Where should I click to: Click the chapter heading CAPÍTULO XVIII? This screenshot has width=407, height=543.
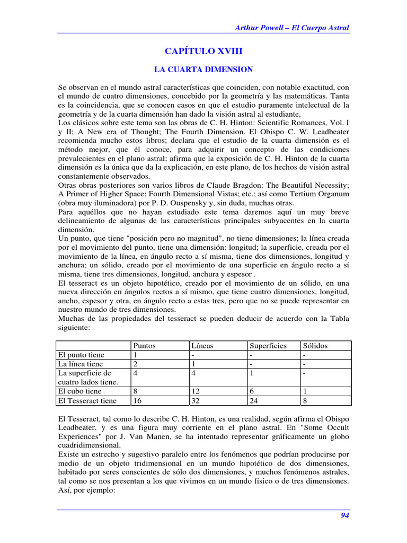coord(203,51)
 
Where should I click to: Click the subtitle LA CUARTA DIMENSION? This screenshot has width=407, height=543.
coord(203,69)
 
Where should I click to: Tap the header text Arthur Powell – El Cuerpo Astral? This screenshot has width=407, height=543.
coord(292,28)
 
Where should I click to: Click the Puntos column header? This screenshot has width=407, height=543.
coord(145,346)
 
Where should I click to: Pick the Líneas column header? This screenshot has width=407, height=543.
coord(202,346)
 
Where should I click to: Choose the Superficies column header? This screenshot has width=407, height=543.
coord(269,346)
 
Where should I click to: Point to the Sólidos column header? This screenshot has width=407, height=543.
coord(315,346)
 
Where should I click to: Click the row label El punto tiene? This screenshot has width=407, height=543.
coord(82,355)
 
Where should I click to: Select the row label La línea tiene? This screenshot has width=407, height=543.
coord(81,364)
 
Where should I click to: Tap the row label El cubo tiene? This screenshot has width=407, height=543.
coord(80,391)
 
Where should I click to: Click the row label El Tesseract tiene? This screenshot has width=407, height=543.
coord(87,401)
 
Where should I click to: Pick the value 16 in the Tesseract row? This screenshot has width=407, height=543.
coord(137,401)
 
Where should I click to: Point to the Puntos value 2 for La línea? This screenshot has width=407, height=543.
coord(136,364)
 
